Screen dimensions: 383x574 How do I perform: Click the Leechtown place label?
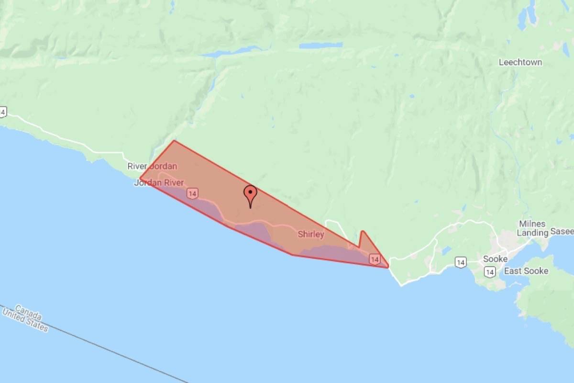tap(520, 62)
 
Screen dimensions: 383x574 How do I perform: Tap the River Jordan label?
tap(152, 167)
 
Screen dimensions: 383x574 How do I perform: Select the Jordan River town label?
tap(159, 183)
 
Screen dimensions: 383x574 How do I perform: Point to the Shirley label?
tap(311, 235)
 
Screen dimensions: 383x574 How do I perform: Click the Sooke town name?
tap(495, 259)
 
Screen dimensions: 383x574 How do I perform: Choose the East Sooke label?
tap(526, 271)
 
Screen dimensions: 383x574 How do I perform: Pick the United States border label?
tap(25, 321)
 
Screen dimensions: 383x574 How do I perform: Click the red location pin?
tap(250, 194)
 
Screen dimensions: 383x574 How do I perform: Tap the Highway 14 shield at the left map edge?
tap(3, 112)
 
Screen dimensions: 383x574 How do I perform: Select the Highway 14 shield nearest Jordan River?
tap(192, 193)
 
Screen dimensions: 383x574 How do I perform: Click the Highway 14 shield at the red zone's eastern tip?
tap(375, 259)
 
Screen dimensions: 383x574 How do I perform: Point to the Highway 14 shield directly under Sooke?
tap(489, 272)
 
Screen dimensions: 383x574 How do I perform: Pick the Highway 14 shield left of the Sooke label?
tap(460, 262)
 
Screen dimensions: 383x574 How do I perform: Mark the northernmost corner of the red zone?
tap(174, 141)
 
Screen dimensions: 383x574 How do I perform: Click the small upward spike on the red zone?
tap(362, 232)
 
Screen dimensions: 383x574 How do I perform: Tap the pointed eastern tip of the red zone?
tap(388, 267)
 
